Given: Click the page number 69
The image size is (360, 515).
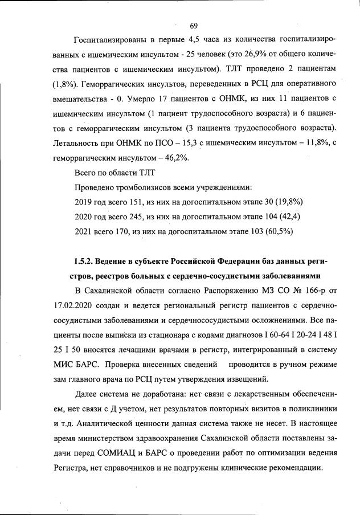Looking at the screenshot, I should (193, 26).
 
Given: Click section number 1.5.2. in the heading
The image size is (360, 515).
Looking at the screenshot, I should (84, 261).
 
